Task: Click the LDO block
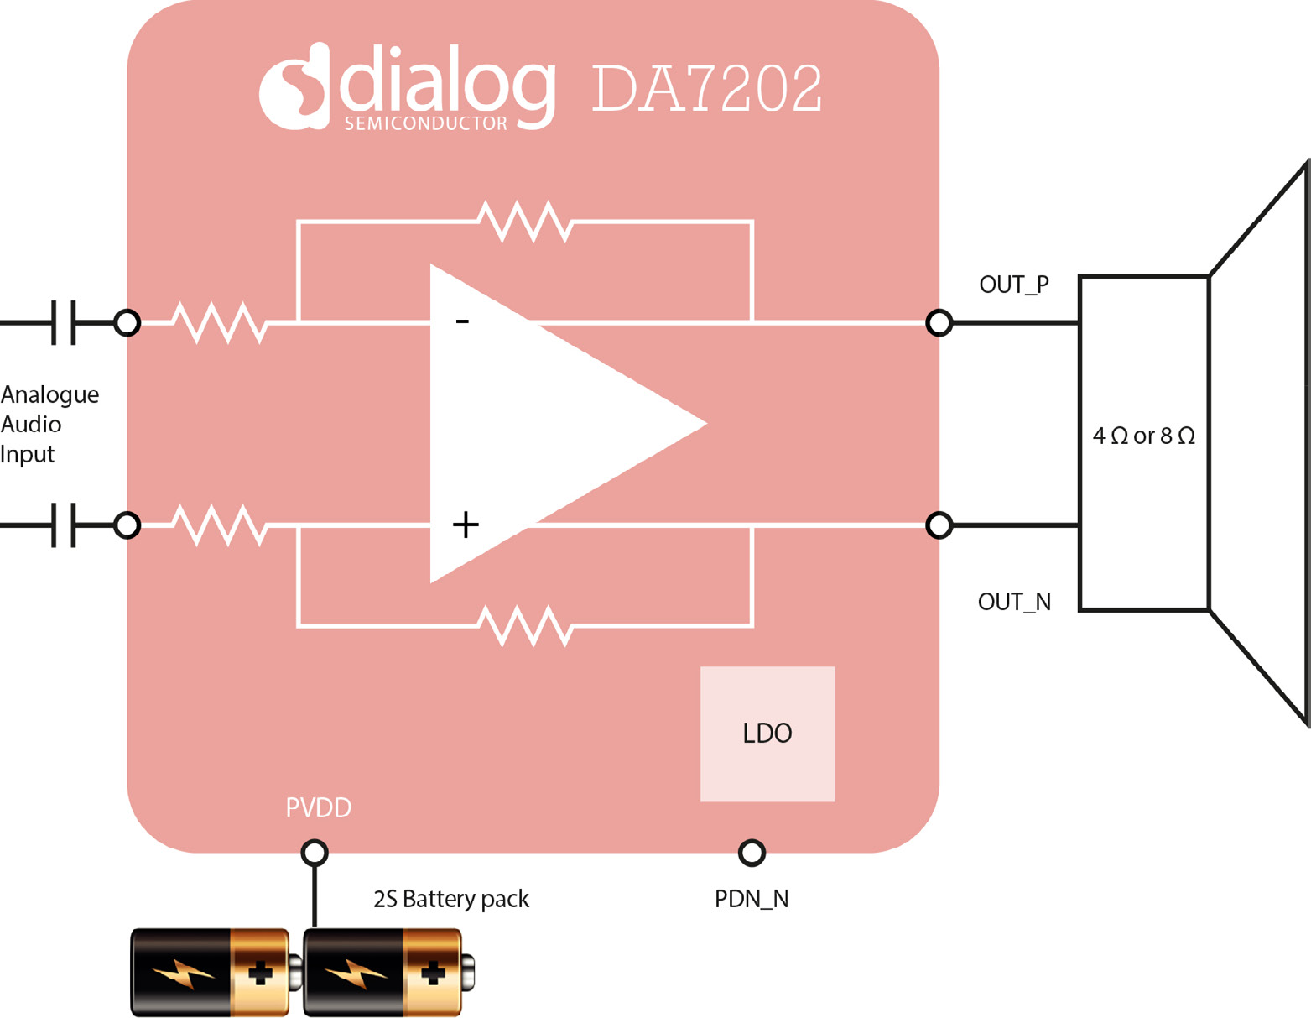(x=767, y=733)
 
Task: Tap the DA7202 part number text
(x=706, y=88)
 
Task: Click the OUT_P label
(x=1013, y=285)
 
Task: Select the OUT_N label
(x=1013, y=602)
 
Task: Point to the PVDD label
(x=318, y=807)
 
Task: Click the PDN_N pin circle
(x=752, y=853)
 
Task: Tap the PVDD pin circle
(x=315, y=853)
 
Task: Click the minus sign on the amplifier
(x=462, y=321)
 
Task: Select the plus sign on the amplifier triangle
(x=466, y=525)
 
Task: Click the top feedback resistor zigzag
(x=525, y=222)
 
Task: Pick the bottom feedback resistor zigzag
(x=525, y=626)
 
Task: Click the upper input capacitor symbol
(x=63, y=322)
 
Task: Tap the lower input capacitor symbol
(x=63, y=525)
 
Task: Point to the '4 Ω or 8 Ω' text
(x=1143, y=436)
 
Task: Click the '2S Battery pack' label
(x=450, y=899)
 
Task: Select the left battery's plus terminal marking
(x=260, y=973)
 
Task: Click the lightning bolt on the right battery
(x=356, y=974)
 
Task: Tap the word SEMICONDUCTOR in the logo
(x=425, y=123)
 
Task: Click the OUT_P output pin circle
(x=939, y=322)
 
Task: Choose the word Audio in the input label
(x=31, y=425)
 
